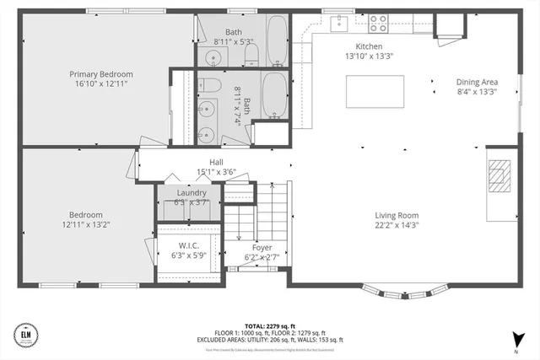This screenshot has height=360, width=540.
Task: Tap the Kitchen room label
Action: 369,46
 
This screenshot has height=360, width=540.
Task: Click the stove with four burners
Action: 379,24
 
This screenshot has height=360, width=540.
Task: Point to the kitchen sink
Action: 340,21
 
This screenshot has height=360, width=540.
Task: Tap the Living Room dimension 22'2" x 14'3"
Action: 397,225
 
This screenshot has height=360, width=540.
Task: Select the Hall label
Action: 217,163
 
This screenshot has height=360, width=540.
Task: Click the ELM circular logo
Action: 28,336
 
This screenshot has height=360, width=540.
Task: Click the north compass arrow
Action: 514,340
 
